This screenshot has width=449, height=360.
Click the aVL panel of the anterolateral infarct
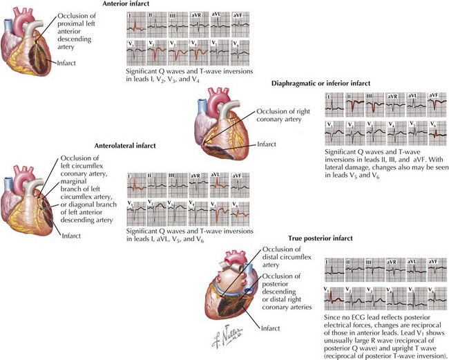(219, 182)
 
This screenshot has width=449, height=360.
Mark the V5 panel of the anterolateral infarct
(219, 209)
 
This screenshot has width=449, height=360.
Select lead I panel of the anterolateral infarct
(137, 182)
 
